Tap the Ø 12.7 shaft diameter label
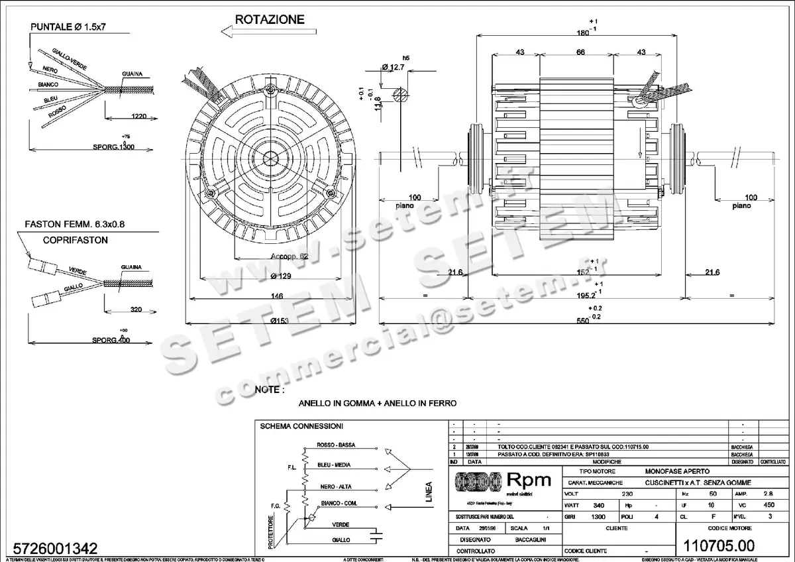393,67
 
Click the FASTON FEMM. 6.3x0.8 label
74,224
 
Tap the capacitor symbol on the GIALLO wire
377,534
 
